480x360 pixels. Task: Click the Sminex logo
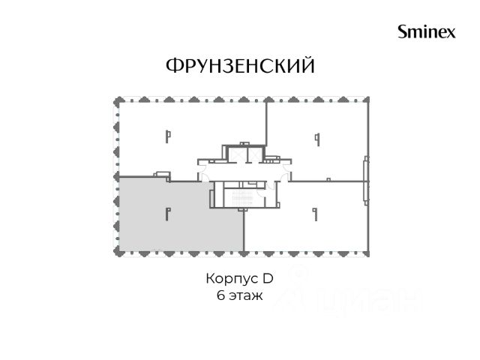[427, 31]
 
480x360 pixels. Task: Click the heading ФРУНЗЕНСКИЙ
[240, 66]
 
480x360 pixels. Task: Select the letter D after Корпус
[268, 278]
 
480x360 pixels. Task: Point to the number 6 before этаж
[220, 295]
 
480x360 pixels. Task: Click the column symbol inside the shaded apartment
[167, 214]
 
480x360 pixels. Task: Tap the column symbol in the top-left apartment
[168, 136]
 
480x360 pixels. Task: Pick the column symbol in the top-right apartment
[317, 139]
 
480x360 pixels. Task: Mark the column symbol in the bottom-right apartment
[315, 214]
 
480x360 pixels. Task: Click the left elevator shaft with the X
[237, 154]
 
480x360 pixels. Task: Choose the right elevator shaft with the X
[253, 154]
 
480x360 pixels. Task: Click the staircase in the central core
[241, 198]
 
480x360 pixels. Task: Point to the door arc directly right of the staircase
[260, 192]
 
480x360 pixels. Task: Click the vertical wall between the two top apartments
[267, 124]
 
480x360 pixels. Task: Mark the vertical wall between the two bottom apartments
[244, 231]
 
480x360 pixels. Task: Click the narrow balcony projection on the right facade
[365, 181]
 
